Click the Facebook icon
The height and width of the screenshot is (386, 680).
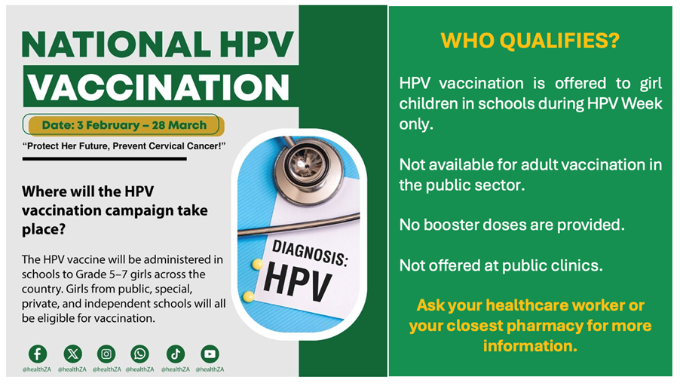(37, 354)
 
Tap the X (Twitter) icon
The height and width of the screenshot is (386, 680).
(72, 354)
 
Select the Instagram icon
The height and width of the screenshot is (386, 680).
(106, 354)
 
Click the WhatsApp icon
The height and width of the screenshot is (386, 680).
(139, 354)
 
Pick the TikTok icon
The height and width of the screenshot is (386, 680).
(175, 354)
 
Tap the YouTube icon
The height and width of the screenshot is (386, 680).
(210, 354)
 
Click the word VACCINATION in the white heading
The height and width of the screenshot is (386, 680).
(158, 87)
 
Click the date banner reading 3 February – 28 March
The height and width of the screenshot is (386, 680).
(124, 125)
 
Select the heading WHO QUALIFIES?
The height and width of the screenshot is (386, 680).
(530, 41)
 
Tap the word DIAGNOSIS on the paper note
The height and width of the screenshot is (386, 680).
(308, 252)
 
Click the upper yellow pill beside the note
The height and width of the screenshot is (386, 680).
(257, 264)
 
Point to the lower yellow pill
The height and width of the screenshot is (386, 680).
(249, 296)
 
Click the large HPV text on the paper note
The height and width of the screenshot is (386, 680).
(298, 281)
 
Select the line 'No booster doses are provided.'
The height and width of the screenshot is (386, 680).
(512, 225)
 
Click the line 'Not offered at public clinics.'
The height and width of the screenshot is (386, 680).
(501, 265)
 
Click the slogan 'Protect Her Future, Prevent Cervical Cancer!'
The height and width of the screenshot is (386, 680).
(124, 146)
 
